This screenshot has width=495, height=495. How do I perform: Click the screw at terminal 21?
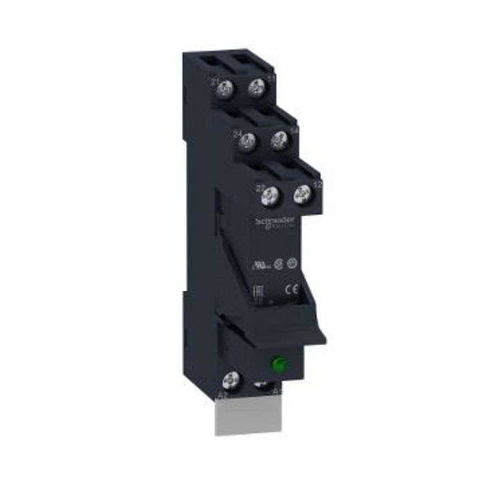click(x=222, y=87)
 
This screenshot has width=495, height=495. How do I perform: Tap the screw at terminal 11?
click(x=255, y=87)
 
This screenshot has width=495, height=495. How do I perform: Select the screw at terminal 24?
click(x=247, y=141)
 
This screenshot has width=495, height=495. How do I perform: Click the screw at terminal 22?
click(x=271, y=195)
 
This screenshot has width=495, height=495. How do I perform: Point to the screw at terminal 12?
click(x=302, y=193)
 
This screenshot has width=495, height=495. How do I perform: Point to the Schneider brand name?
click(x=276, y=220)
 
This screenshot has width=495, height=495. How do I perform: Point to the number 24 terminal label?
click(x=238, y=134)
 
